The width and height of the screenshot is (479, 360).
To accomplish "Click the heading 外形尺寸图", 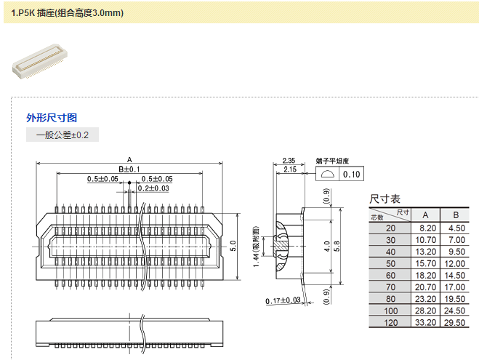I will tap(52, 118).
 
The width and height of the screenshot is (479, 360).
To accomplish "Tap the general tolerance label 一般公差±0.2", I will tap(62, 135).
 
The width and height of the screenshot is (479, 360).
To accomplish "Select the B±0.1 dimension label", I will tap(129, 169).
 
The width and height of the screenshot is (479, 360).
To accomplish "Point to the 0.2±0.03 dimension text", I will tap(153, 188).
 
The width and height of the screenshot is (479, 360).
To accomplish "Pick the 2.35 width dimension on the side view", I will tap(288, 161).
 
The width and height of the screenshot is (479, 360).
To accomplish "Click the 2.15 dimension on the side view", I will tap(288, 169).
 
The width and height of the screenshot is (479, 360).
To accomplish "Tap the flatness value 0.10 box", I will tap(351, 175).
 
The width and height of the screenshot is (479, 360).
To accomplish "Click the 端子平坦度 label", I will tap(333, 161).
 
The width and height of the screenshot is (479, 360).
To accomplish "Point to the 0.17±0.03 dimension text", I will tap(283, 300).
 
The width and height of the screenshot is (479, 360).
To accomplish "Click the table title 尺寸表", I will tap(385, 199).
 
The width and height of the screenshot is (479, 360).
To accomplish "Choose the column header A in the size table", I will tap(426, 215).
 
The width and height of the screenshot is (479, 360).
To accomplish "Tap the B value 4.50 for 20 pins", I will tap(456, 228).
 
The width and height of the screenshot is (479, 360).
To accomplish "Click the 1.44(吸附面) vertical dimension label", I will tap(256, 246).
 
